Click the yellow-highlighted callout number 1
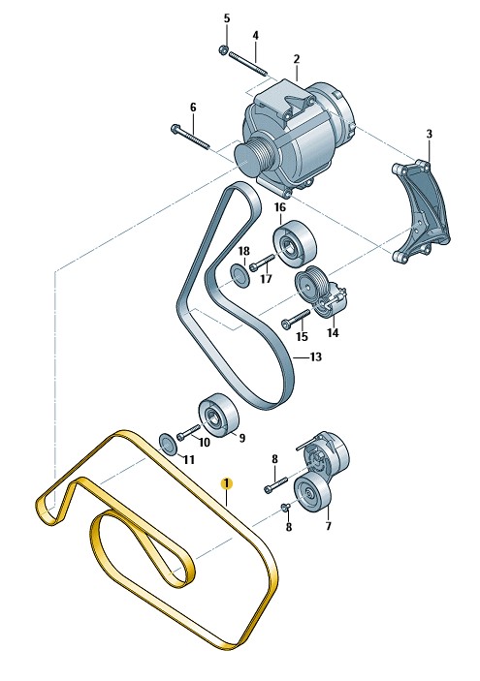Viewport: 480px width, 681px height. (x=227, y=483)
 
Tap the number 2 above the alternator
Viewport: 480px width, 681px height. (x=297, y=59)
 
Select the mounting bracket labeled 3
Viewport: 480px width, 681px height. (x=421, y=211)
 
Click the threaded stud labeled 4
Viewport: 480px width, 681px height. (x=248, y=63)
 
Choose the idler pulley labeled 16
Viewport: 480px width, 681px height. (x=295, y=243)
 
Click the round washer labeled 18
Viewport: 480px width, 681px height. (x=240, y=276)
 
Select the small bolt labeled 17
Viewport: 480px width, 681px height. (x=262, y=263)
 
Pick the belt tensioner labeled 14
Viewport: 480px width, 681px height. (x=321, y=291)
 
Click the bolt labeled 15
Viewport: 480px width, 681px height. (x=296, y=319)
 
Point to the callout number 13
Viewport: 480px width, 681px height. (x=316, y=357)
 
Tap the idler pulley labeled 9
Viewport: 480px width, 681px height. (x=219, y=416)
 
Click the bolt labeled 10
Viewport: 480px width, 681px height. (x=187, y=432)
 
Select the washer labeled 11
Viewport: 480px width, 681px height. (x=168, y=445)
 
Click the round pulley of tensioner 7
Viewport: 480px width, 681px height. (x=312, y=494)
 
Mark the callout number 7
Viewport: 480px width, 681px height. (x=329, y=526)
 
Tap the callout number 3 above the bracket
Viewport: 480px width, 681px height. (x=430, y=134)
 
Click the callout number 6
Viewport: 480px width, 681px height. (x=193, y=108)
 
